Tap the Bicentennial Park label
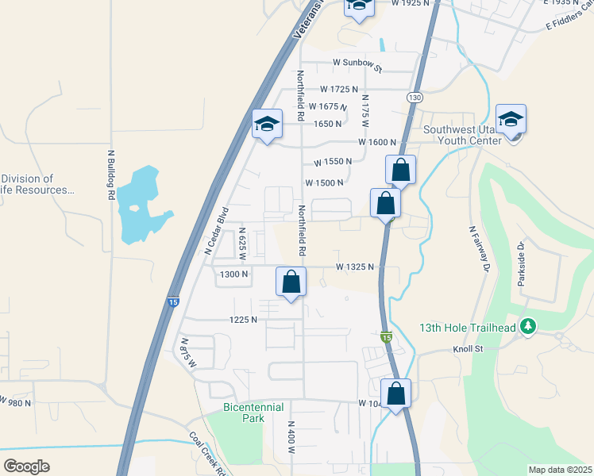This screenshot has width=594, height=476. click(253, 412)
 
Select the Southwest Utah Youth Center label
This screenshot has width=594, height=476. click(463, 135)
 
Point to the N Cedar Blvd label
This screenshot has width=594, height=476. click(217, 230)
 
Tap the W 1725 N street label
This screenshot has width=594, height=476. click(339, 90)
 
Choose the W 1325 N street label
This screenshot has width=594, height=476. click(354, 267)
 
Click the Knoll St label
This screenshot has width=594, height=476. click(490, 348)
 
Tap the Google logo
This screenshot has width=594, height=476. click(26, 466)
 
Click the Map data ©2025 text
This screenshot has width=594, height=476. click(560, 470)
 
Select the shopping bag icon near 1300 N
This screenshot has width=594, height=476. click(291, 282)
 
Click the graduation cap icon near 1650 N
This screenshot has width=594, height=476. click(268, 124)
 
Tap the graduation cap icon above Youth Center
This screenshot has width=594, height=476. click(511, 119)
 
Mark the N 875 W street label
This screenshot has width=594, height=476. click(187, 353)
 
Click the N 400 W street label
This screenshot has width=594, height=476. click(291, 437)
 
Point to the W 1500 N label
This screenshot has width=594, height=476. click(324, 182)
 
